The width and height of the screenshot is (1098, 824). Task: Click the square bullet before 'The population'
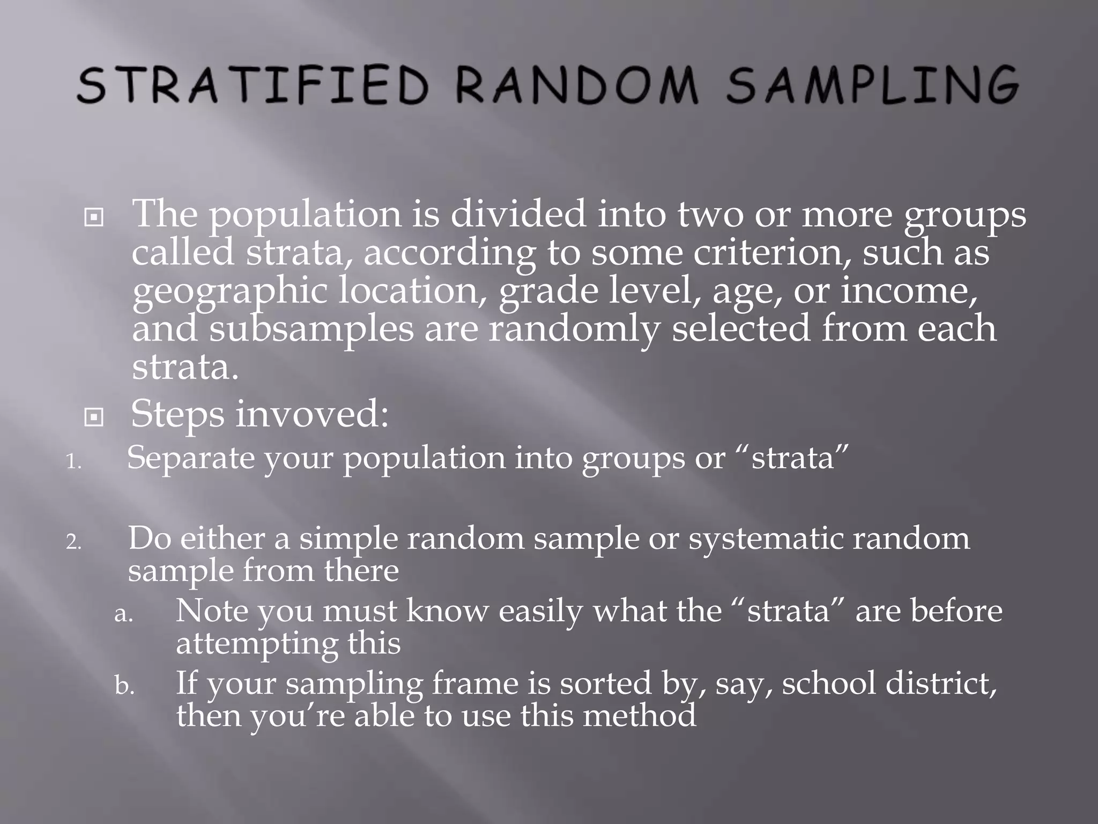point(94,217)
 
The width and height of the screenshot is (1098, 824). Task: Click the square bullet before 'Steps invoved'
point(94,417)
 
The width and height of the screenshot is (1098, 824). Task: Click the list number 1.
point(73,462)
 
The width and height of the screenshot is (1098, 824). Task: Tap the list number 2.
point(73,542)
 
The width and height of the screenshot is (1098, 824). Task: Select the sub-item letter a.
point(123,614)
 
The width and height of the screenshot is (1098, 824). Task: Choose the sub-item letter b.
point(124,686)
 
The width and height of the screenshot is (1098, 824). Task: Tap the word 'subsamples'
point(311,329)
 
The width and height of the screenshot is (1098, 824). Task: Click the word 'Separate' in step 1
point(190,458)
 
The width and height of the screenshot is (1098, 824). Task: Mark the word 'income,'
point(909,291)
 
